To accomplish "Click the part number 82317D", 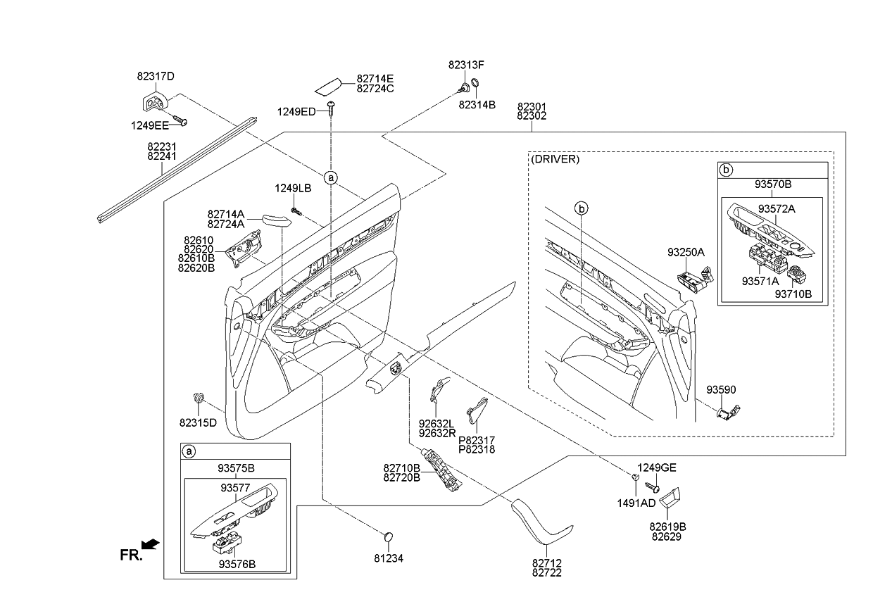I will [156, 76].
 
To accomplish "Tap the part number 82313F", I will [466, 65].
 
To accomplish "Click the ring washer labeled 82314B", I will [477, 88].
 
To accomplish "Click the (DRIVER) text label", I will [556, 160].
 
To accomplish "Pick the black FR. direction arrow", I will [149, 544].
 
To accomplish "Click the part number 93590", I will [722, 390].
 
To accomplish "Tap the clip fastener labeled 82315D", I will [199, 400].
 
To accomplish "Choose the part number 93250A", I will [686, 252].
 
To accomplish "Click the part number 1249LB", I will [293, 188].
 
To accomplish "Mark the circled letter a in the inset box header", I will [189, 451].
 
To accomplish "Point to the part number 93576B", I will [237, 564].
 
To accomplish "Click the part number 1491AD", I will [636, 503].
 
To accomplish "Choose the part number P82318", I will [477, 449].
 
